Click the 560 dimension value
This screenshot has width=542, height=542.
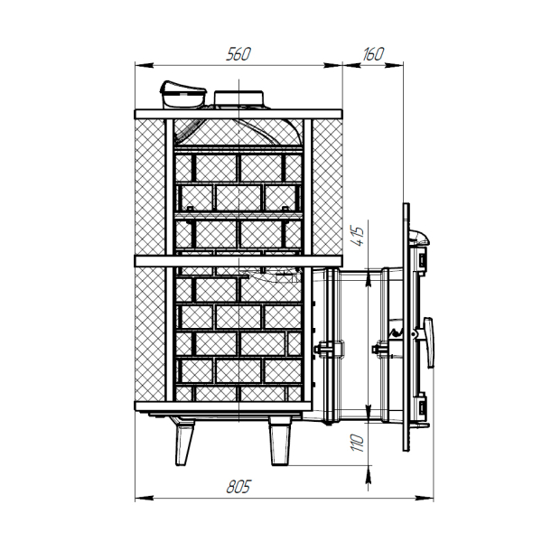click(x=238, y=54)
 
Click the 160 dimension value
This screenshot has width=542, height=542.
click(x=373, y=54)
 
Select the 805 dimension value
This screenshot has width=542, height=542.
click(x=238, y=487)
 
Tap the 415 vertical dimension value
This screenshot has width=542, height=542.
click(x=358, y=237)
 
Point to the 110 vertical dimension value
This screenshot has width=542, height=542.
click(x=358, y=443)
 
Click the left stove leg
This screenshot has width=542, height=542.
click(x=184, y=442)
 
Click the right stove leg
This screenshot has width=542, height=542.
click(x=280, y=441)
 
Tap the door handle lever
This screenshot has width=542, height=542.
click(x=429, y=341)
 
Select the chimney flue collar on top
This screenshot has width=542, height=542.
click(x=238, y=99)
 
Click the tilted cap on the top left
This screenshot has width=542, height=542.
click(x=182, y=94)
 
